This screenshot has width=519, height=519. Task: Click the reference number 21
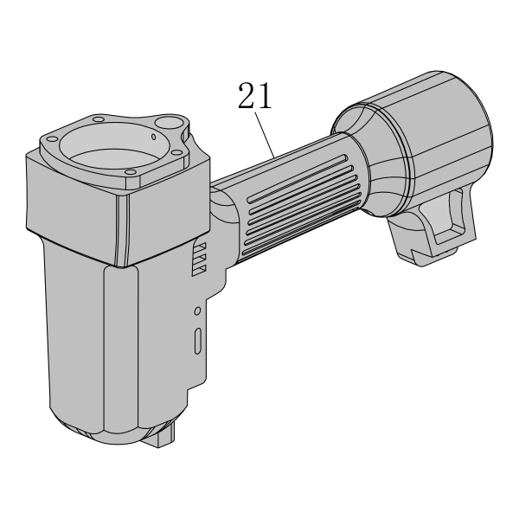[254, 96]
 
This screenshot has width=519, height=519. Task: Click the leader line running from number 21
[265, 135]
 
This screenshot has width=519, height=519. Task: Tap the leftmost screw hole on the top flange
[52, 139]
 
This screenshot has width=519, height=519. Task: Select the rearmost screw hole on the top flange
[99, 119]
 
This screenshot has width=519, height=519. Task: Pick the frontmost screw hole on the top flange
[131, 172]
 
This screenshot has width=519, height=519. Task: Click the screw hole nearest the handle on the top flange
[177, 152]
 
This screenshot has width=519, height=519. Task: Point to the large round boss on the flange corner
[169, 123]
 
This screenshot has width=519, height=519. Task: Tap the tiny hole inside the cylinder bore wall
[153, 137]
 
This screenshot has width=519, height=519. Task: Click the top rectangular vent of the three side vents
[200, 247]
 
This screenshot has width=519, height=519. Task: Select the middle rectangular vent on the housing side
[200, 259]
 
